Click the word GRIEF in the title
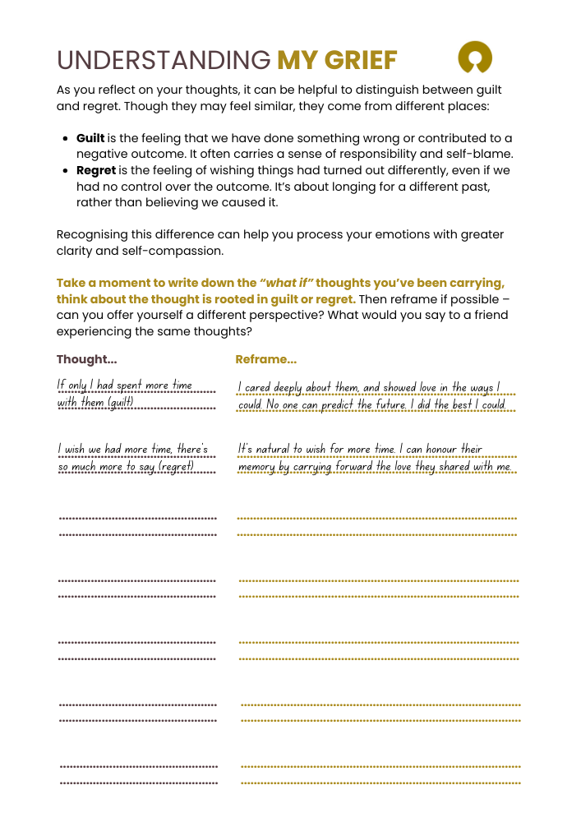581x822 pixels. click(x=362, y=60)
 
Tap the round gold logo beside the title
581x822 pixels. click(x=475, y=58)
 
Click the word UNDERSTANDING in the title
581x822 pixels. click(x=163, y=60)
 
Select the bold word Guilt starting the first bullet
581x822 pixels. click(x=90, y=138)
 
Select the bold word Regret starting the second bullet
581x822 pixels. click(x=96, y=170)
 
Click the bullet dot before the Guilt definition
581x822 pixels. click(x=65, y=138)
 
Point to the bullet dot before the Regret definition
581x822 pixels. click(x=65, y=170)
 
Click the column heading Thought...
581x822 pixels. click(x=86, y=359)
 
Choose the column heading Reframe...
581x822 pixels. click(x=265, y=359)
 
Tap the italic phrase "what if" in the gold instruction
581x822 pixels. click(x=287, y=283)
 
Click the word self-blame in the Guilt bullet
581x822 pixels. click(x=481, y=154)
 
